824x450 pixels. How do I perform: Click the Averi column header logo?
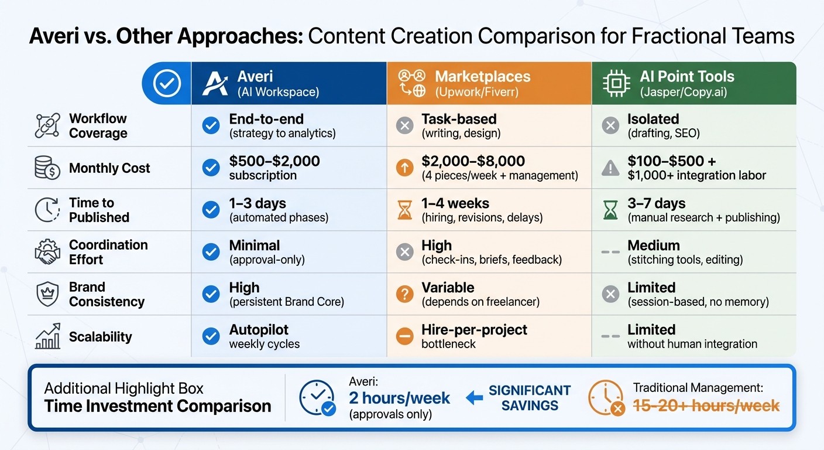(x=215, y=83)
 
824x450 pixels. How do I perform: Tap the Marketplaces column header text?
(x=482, y=77)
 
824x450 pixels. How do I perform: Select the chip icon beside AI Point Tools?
(x=616, y=83)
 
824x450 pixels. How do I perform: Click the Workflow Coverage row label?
(x=98, y=126)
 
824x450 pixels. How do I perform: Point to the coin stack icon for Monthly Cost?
(x=47, y=168)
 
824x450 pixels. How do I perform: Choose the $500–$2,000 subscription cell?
(x=274, y=168)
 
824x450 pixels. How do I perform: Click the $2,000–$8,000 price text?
(x=473, y=161)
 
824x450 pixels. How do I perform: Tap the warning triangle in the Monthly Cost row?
(x=610, y=168)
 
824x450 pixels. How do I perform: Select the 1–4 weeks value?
(x=455, y=203)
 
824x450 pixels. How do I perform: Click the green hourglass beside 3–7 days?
(x=610, y=210)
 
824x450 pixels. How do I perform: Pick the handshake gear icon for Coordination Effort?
(x=47, y=253)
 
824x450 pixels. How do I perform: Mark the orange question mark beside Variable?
(x=405, y=294)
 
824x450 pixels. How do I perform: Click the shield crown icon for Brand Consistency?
(x=47, y=294)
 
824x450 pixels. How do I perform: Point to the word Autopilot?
(x=259, y=330)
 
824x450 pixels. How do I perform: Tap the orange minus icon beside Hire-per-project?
(x=405, y=336)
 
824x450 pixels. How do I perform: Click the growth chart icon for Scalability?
(x=47, y=337)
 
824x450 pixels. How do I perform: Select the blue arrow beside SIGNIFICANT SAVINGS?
(x=474, y=398)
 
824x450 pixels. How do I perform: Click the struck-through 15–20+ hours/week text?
(x=706, y=405)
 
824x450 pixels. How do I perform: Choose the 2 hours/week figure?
(x=400, y=398)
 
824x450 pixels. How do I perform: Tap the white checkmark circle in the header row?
(x=167, y=83)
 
